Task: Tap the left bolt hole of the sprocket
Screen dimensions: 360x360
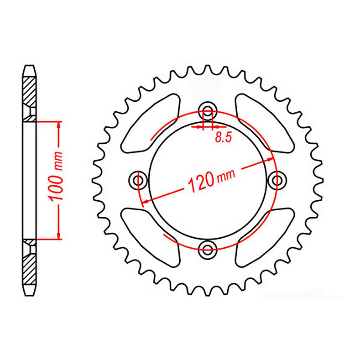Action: coord(138,180)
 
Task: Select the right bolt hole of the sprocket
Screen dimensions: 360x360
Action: coord(276,180)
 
